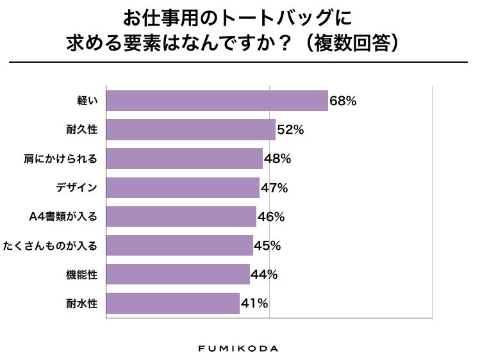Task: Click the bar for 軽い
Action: point(217,101)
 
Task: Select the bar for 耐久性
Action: point(190,129)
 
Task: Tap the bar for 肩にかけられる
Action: point(184,159)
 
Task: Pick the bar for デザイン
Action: point(182,188)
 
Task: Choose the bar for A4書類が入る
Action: point(181,217)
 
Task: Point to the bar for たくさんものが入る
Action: point(179,245)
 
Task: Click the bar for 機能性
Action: point(178,274)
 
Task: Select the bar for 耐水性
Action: point(172,303)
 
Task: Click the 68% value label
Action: point(343,101)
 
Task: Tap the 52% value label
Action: point(290,129)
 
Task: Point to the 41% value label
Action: point(254,303)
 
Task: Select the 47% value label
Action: point(274,188)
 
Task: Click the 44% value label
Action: point(264,274)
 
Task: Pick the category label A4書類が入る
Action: point(63,217)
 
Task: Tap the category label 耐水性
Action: point(81,303)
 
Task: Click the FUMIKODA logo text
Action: point(238,348)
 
